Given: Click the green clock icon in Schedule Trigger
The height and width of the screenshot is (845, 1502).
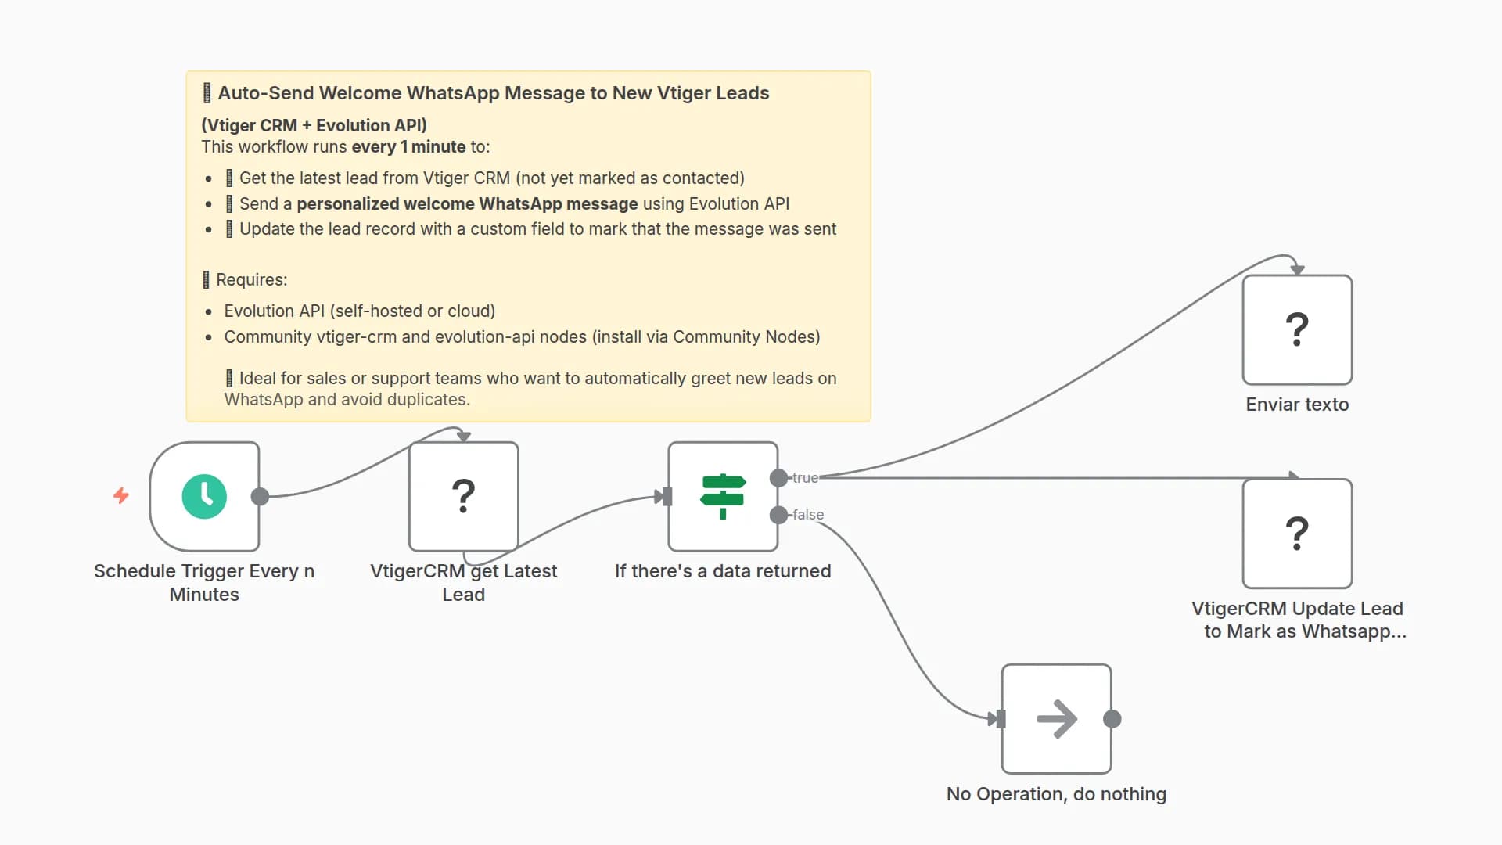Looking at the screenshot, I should (x=204, y=496).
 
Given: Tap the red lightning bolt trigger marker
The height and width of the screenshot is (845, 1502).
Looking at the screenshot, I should (x=120, y=495).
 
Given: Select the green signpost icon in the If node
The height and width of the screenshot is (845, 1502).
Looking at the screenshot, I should (x=723, y=496).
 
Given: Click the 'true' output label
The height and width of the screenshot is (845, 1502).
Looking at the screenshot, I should (x=805, y=477).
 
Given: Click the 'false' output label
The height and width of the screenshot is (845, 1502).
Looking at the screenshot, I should (x=808, y=515).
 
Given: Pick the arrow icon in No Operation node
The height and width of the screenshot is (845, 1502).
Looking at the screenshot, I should (x=1056, y=719).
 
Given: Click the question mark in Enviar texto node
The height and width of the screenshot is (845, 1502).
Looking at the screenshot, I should (x=1297, y=329).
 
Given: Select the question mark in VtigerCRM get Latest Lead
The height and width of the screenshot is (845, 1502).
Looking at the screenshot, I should (x=464, y=496).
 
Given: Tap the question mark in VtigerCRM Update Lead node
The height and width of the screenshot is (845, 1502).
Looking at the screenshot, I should (x=1297, y=534).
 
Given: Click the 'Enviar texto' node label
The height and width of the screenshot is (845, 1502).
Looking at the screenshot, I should (x=1297, y=405).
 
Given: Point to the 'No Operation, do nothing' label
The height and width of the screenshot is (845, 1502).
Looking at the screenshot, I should (x=1056, y=794).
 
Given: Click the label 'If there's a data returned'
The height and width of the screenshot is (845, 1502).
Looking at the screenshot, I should (x=723, y=571).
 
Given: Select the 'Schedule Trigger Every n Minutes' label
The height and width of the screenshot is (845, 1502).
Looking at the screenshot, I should (x=204, y=582).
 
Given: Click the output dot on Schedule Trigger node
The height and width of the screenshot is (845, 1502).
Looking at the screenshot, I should (x=261, y=496).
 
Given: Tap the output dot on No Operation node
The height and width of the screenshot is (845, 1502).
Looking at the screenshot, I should (x=1112, y=719).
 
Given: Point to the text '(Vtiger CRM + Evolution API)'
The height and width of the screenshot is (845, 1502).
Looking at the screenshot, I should (x=314, y=125).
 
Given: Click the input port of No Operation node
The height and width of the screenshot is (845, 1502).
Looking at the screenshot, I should (x=1000, y=719).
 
